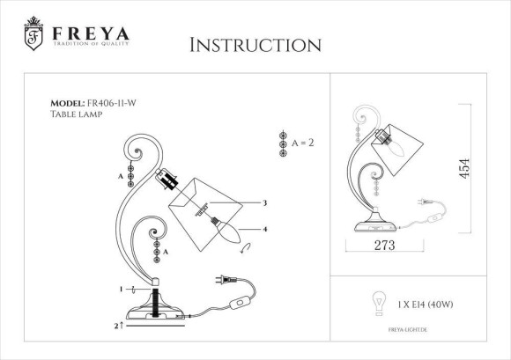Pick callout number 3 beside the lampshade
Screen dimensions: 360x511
tap(264, 203)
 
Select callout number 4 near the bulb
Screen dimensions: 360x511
tap(264, 229)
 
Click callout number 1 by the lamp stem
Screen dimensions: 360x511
tap(122, 289)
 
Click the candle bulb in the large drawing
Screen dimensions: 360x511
tap(228, 234)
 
